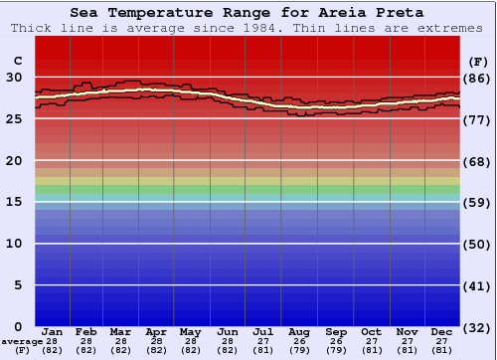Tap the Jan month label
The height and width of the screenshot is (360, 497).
[x=53, y=331]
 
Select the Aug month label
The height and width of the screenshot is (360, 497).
[x=298, y=331]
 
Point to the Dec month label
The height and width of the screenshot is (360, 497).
[x=442, y=331]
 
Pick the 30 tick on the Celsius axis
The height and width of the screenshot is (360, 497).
[x=15, y=78]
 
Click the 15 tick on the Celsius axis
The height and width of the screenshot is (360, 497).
[x=15, y=202]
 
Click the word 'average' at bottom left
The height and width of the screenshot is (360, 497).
[x=22, y=341]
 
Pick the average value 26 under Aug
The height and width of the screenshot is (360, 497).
[x=298, y=341]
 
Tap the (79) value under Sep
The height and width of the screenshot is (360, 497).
[x=336, y=350]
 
